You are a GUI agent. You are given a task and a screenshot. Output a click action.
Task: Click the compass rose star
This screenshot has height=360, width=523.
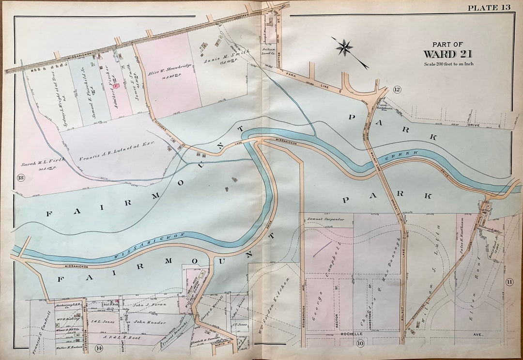[x=346, y=47]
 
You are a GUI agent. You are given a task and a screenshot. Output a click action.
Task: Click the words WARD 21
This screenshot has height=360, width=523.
[x=448, y=54]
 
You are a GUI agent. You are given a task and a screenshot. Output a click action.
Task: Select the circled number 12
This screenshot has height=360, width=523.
[x=397, y=89]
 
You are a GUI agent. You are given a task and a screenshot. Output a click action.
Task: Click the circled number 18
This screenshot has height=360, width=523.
[x=21, y=177]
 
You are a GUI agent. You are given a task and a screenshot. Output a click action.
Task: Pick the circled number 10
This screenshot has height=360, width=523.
[x=360, y=344]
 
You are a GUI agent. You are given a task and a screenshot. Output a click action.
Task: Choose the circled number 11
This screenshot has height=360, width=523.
[x=509, y=282]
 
